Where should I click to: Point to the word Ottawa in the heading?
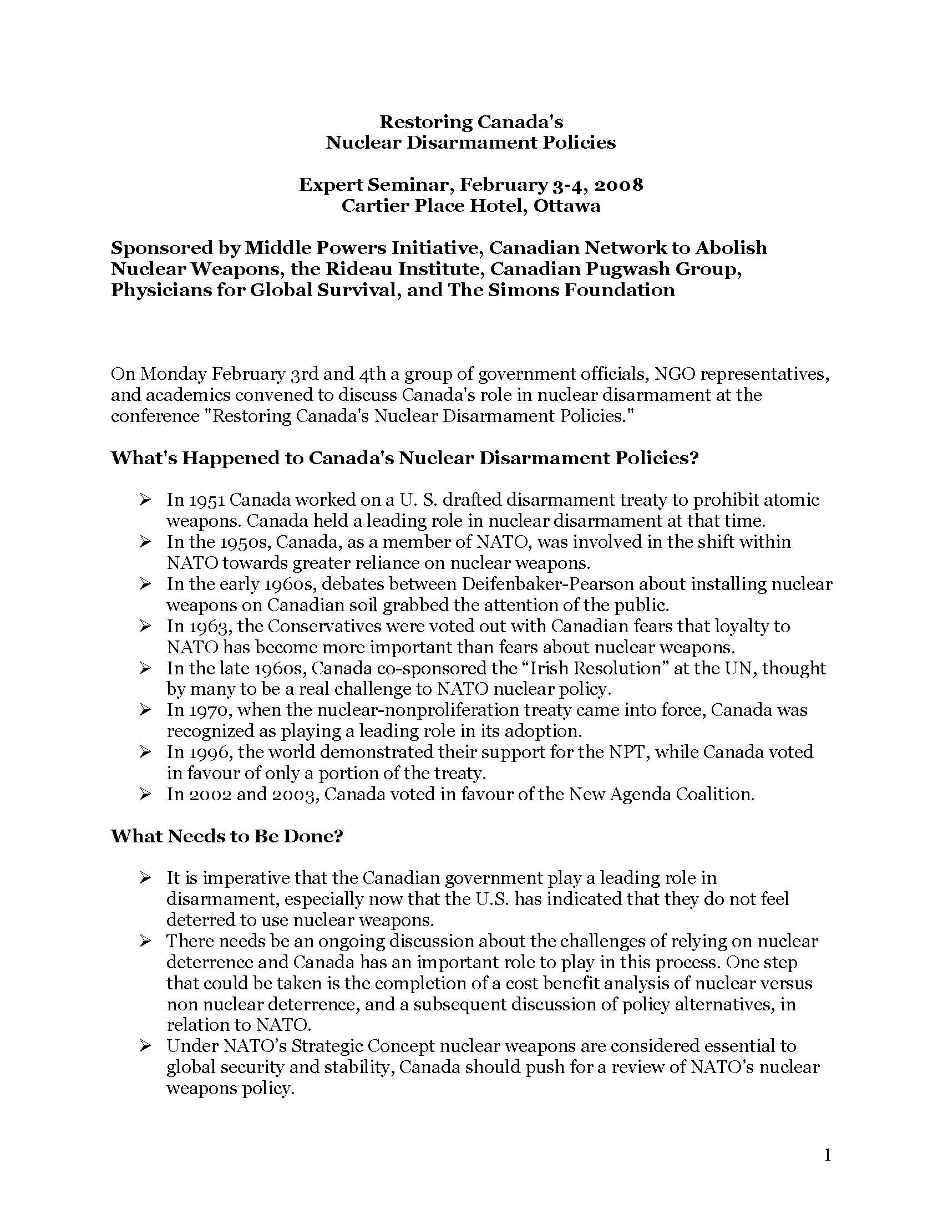567,206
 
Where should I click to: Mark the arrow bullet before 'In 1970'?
146,710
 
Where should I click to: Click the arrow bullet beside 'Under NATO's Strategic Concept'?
146,1046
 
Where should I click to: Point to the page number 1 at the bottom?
828,1156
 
